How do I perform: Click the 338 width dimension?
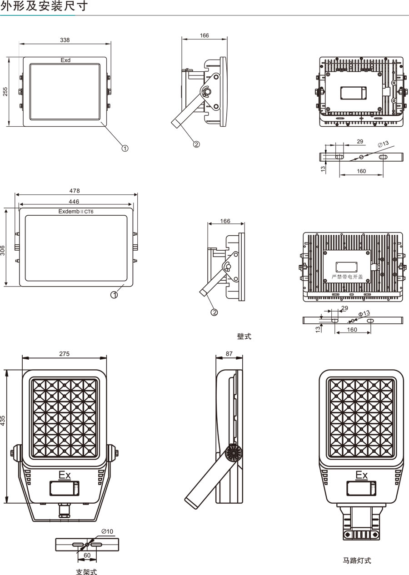point(65,40)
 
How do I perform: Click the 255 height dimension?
point(5,92)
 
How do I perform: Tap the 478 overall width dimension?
point(75,191)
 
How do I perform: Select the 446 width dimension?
point(74,202)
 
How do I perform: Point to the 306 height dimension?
point(3,251)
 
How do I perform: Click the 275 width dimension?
point(64,354)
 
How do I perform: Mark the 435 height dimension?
point(3,421)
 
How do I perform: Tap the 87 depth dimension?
point(229,354)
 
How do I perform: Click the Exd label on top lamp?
point(65,60)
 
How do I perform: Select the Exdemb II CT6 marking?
point(76,212)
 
